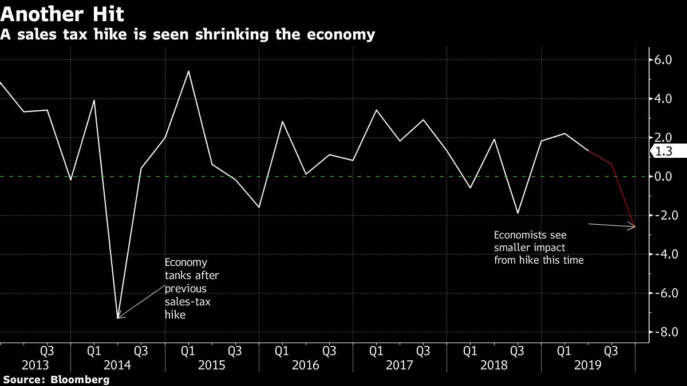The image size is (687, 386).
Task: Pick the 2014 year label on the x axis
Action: pyautogui.click(x=117, y=365)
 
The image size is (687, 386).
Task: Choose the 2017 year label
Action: pyautogui.click(x=399, y=365)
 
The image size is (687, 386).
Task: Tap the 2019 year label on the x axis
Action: pyautogui.click(x=587, y=365)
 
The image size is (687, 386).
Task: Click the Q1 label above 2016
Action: pyautogui.click(x=282, y=349)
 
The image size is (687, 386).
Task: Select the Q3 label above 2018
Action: pyautogui.click(x=517, y=349)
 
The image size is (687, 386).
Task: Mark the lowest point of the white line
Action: pyautogui.click(x=117, y=318)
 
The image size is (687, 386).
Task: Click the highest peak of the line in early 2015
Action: pyautogui.click(x=188, y=71)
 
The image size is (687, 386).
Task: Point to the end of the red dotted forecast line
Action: pyautogui.click(x=635, y=227)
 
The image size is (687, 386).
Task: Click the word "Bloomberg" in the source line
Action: pyautogui.click(x=80, y=380)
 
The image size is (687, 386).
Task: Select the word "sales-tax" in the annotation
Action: pyautogui.click(x=187, y=301)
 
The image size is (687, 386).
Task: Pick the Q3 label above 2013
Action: pyautogui.click(x=47, y=349)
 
